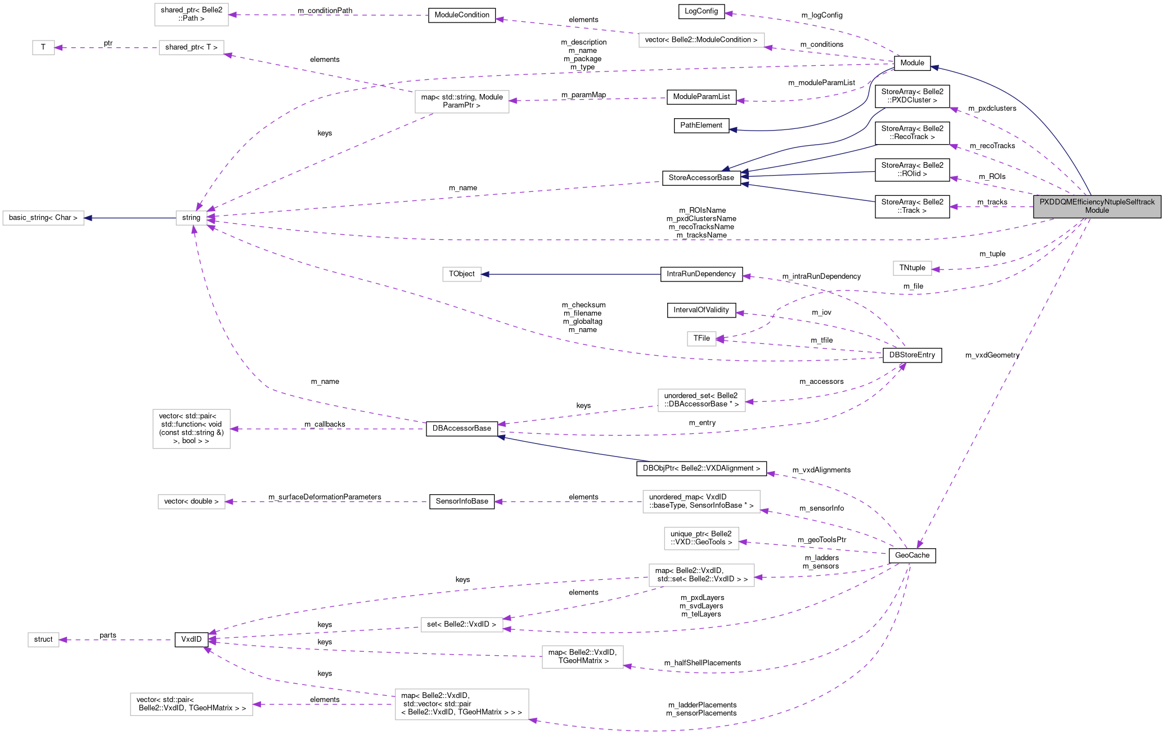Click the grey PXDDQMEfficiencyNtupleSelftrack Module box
pyautogui.click(x=1097, y=206)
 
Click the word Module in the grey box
pyautogui.click(x=1097, y=211)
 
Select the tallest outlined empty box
pyautogui.click(x=191, y=429)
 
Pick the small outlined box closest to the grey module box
pyautogui.click(x=912, y=268)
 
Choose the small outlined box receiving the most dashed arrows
pyautogui.click(x=191, y=218)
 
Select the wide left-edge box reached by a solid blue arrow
pyautogui.click(x=43, y=218)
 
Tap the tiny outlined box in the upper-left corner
pyautogui.click(x=43, y=48)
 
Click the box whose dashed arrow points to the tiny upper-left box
pyautogui.click(x=191, y=48)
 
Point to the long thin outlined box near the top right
pyautogui.click(x=702, y=40)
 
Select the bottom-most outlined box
pyautogui.click(x=462, y=704)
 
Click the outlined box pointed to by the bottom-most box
pyautogui.click(x=191, y=704)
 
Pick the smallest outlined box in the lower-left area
pyautogui.click(x=43, y=640)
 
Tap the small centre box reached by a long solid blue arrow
pyautogui.click(x=462, y=274)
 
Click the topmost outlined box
pyautogui.click(x=191, y=15)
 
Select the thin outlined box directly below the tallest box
pyautogui.click(x=191, y=502)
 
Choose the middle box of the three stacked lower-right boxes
pyautogui.click(x=702, y=539)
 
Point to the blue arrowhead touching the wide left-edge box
pyautogui.click(x=88, y=218)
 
